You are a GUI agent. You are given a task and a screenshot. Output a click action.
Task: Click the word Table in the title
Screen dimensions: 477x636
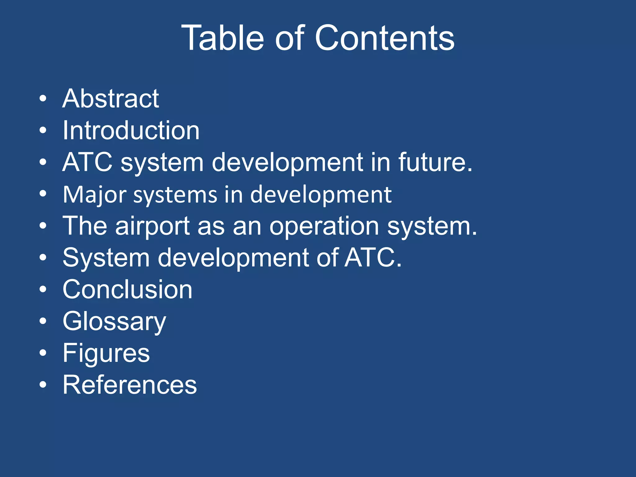(x=222, y=38)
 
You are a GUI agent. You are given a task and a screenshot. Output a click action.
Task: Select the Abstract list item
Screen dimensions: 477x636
(x=111, y=99)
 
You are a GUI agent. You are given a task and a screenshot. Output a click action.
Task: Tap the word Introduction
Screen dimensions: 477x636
(x=131, y=130)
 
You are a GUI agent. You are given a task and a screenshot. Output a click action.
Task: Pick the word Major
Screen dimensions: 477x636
(x=95, y=195)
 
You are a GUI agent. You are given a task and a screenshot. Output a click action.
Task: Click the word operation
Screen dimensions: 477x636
(x=324, y=227)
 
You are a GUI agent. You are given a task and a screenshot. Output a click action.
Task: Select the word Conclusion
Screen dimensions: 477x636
(x=127, y=289)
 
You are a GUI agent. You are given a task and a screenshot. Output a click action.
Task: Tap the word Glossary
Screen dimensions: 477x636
(x=114, y=322)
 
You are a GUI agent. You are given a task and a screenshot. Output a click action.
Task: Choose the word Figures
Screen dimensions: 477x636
(x=106, y=353)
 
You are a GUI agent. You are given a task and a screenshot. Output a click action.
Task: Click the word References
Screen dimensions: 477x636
(x=129, y=385)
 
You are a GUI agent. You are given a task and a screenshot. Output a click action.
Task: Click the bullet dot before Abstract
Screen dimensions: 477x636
(x=43, y=99)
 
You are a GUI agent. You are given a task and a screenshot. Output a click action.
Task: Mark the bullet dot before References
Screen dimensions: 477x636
(x=43, y=385)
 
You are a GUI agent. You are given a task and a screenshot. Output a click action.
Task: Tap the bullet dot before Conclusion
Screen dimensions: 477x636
(x=43, y=289)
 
